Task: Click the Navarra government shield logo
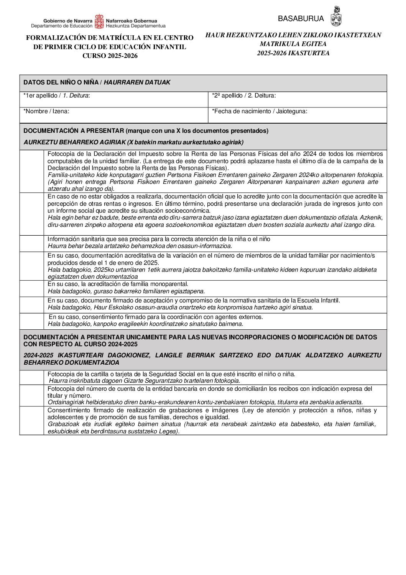point(99,22)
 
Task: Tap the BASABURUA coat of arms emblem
point(336,17)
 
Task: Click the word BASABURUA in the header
point(301,18)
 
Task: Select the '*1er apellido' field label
point(57,96)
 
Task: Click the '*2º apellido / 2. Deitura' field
point(297,99)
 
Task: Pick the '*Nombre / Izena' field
point(114,115)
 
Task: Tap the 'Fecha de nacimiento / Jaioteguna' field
point(297,115)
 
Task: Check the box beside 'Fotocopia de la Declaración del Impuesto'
point(32,171)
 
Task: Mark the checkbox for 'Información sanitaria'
point(32,243)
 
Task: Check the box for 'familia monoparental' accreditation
point(32,288)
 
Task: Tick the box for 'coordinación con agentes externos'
point(32,321)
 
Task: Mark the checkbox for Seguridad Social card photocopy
point(32,377)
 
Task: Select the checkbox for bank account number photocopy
point(32,395)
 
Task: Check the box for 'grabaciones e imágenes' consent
point(32,421)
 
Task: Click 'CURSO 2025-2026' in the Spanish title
point(110,56)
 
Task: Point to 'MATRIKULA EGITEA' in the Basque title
point(293,44)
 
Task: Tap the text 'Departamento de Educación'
point(62,26)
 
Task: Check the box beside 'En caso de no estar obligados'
point(32,214)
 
